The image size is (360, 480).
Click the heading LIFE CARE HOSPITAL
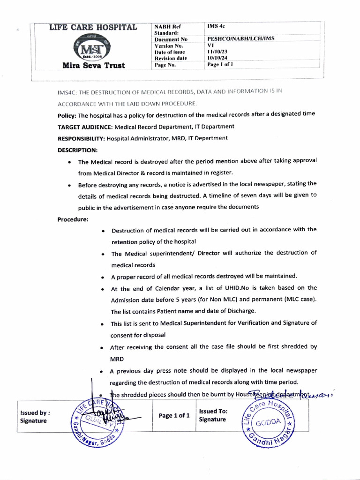pyautogui.click(x=93, y=27)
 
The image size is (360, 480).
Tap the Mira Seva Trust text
pyautogui.click(x=94, y=65)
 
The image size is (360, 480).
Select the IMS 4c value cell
pyautogui.click(x=217, y=27)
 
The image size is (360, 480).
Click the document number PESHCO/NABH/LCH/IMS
pyautogui.click(x=238, y=40)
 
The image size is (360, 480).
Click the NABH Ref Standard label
pyautogui.click(x=167, y=30)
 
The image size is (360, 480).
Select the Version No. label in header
pyautogui.click(x=169, y=46)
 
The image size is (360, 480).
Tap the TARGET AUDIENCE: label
pyautogui.click(x=85, y=127)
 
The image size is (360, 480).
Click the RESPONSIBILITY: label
pyautogui.click(x=81, y=138)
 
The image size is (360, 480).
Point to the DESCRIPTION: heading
pyautogui.click(x=78, y=150)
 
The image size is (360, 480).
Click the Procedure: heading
pyautogui.click(x=73, y=219)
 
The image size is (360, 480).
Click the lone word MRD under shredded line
pyautogui.click(x=117, y=359)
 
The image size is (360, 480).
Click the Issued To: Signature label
pyautogui.click(x=213, y=415)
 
